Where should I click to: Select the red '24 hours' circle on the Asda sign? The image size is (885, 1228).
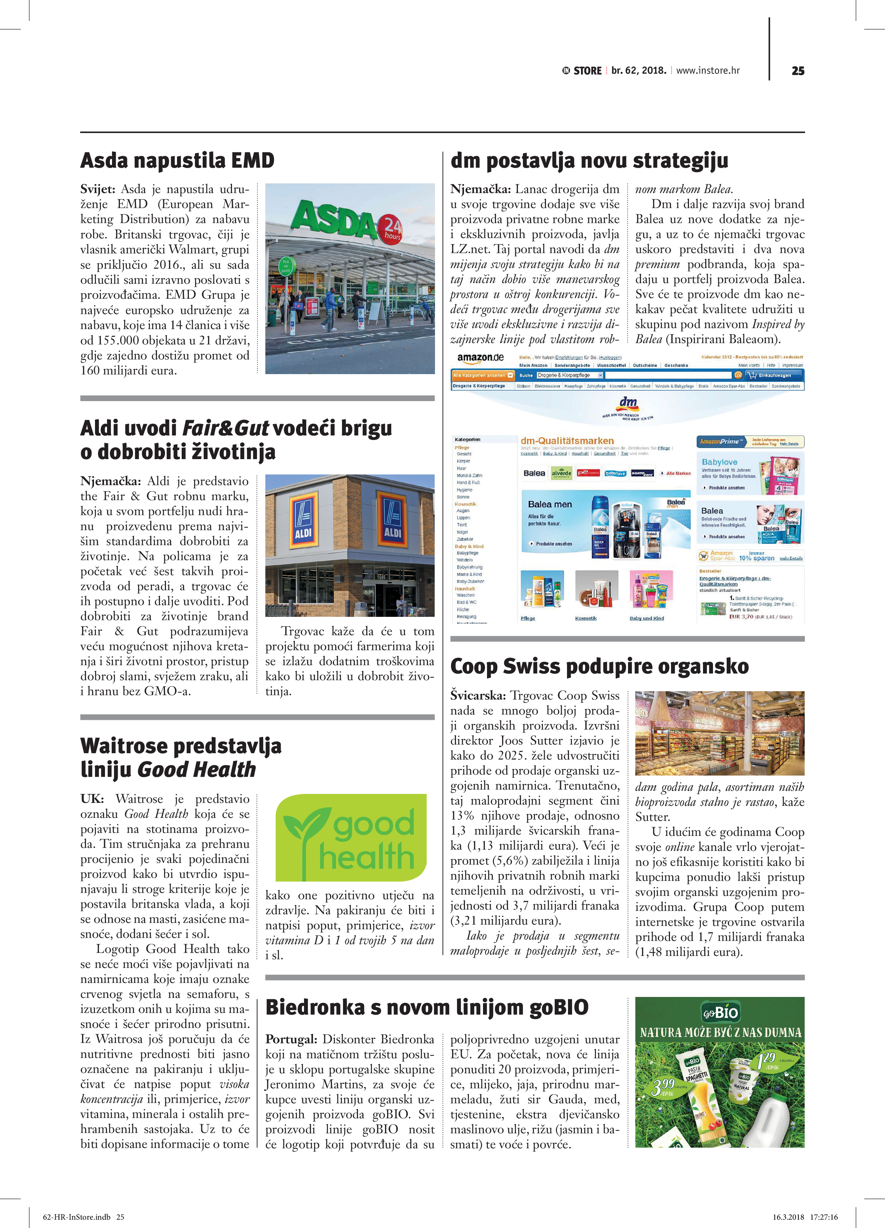[391, 230]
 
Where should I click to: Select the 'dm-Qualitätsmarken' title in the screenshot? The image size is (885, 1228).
[567, 441]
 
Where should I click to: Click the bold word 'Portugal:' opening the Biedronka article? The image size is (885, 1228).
[291, 1039]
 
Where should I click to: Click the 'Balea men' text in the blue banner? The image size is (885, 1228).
[549, 504]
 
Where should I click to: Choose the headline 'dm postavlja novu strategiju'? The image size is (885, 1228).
[589, 161]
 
